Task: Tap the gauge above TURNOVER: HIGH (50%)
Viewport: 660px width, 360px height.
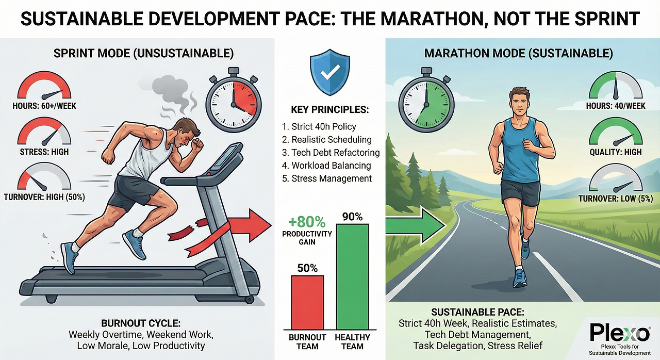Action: [x=44, y=177]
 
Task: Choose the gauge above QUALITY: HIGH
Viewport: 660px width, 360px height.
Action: [x=616, y=132]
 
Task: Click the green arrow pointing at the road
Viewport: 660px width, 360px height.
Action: [x=416, y=225]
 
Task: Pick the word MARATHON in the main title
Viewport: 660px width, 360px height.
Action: [x=431, y=19]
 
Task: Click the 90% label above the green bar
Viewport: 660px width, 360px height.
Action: [x=352, y=217]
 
